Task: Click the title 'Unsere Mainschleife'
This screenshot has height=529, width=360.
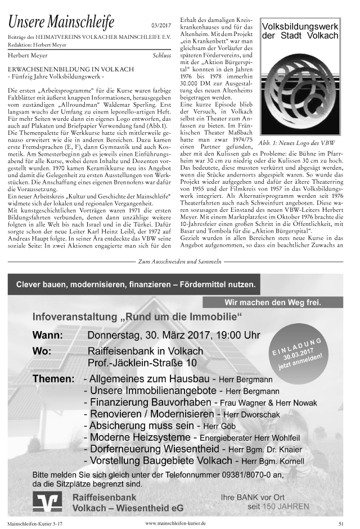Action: pyautogui.click(x=61, y=22)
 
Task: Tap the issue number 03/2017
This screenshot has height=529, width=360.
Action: pyautogui.click(x=162, y=26)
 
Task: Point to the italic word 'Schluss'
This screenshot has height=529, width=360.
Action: pyautogui.click(x=162, y=56)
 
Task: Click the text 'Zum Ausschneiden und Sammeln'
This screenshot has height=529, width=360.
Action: pyautogui.click(x=179, y=262)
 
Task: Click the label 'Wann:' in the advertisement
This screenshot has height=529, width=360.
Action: pyautogui.click(x=48, y=336)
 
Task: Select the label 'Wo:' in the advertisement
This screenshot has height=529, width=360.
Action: pyautogui.click(x=42, y=351)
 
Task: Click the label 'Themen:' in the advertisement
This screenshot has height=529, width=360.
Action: pyautogui.click(x=53, y=379)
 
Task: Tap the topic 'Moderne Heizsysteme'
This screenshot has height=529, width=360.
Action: pyautogui.click(x=137, y=437)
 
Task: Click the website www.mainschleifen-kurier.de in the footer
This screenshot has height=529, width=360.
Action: pyautogui.click(x=175, y=523)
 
